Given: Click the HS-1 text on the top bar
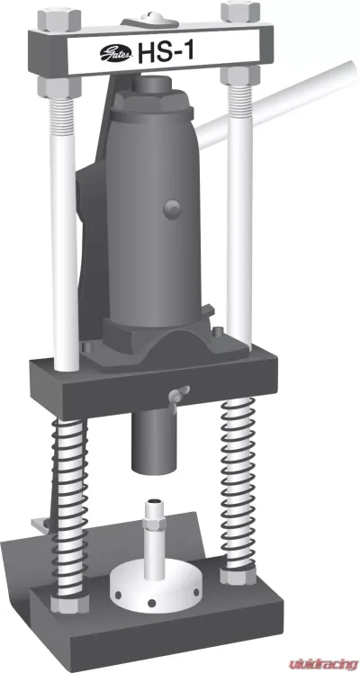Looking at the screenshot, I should [x=166, y=55].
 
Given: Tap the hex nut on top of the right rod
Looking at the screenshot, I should [x=237, y=12].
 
